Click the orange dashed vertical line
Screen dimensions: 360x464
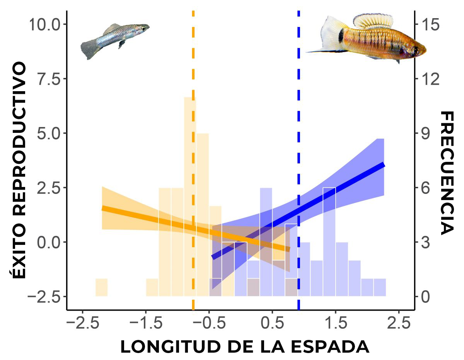tap(193, 58)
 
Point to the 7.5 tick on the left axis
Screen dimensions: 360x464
tap(47, 79)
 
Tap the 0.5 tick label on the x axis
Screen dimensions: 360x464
tap(272, 323)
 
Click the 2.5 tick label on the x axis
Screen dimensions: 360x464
tap(398, 323)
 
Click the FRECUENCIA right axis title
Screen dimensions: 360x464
tap(447, 173)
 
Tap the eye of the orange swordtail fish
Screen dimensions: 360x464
tap(415, 50)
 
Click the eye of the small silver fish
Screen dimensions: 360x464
tap(143, 28)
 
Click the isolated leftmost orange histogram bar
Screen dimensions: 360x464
tap(101, 287)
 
